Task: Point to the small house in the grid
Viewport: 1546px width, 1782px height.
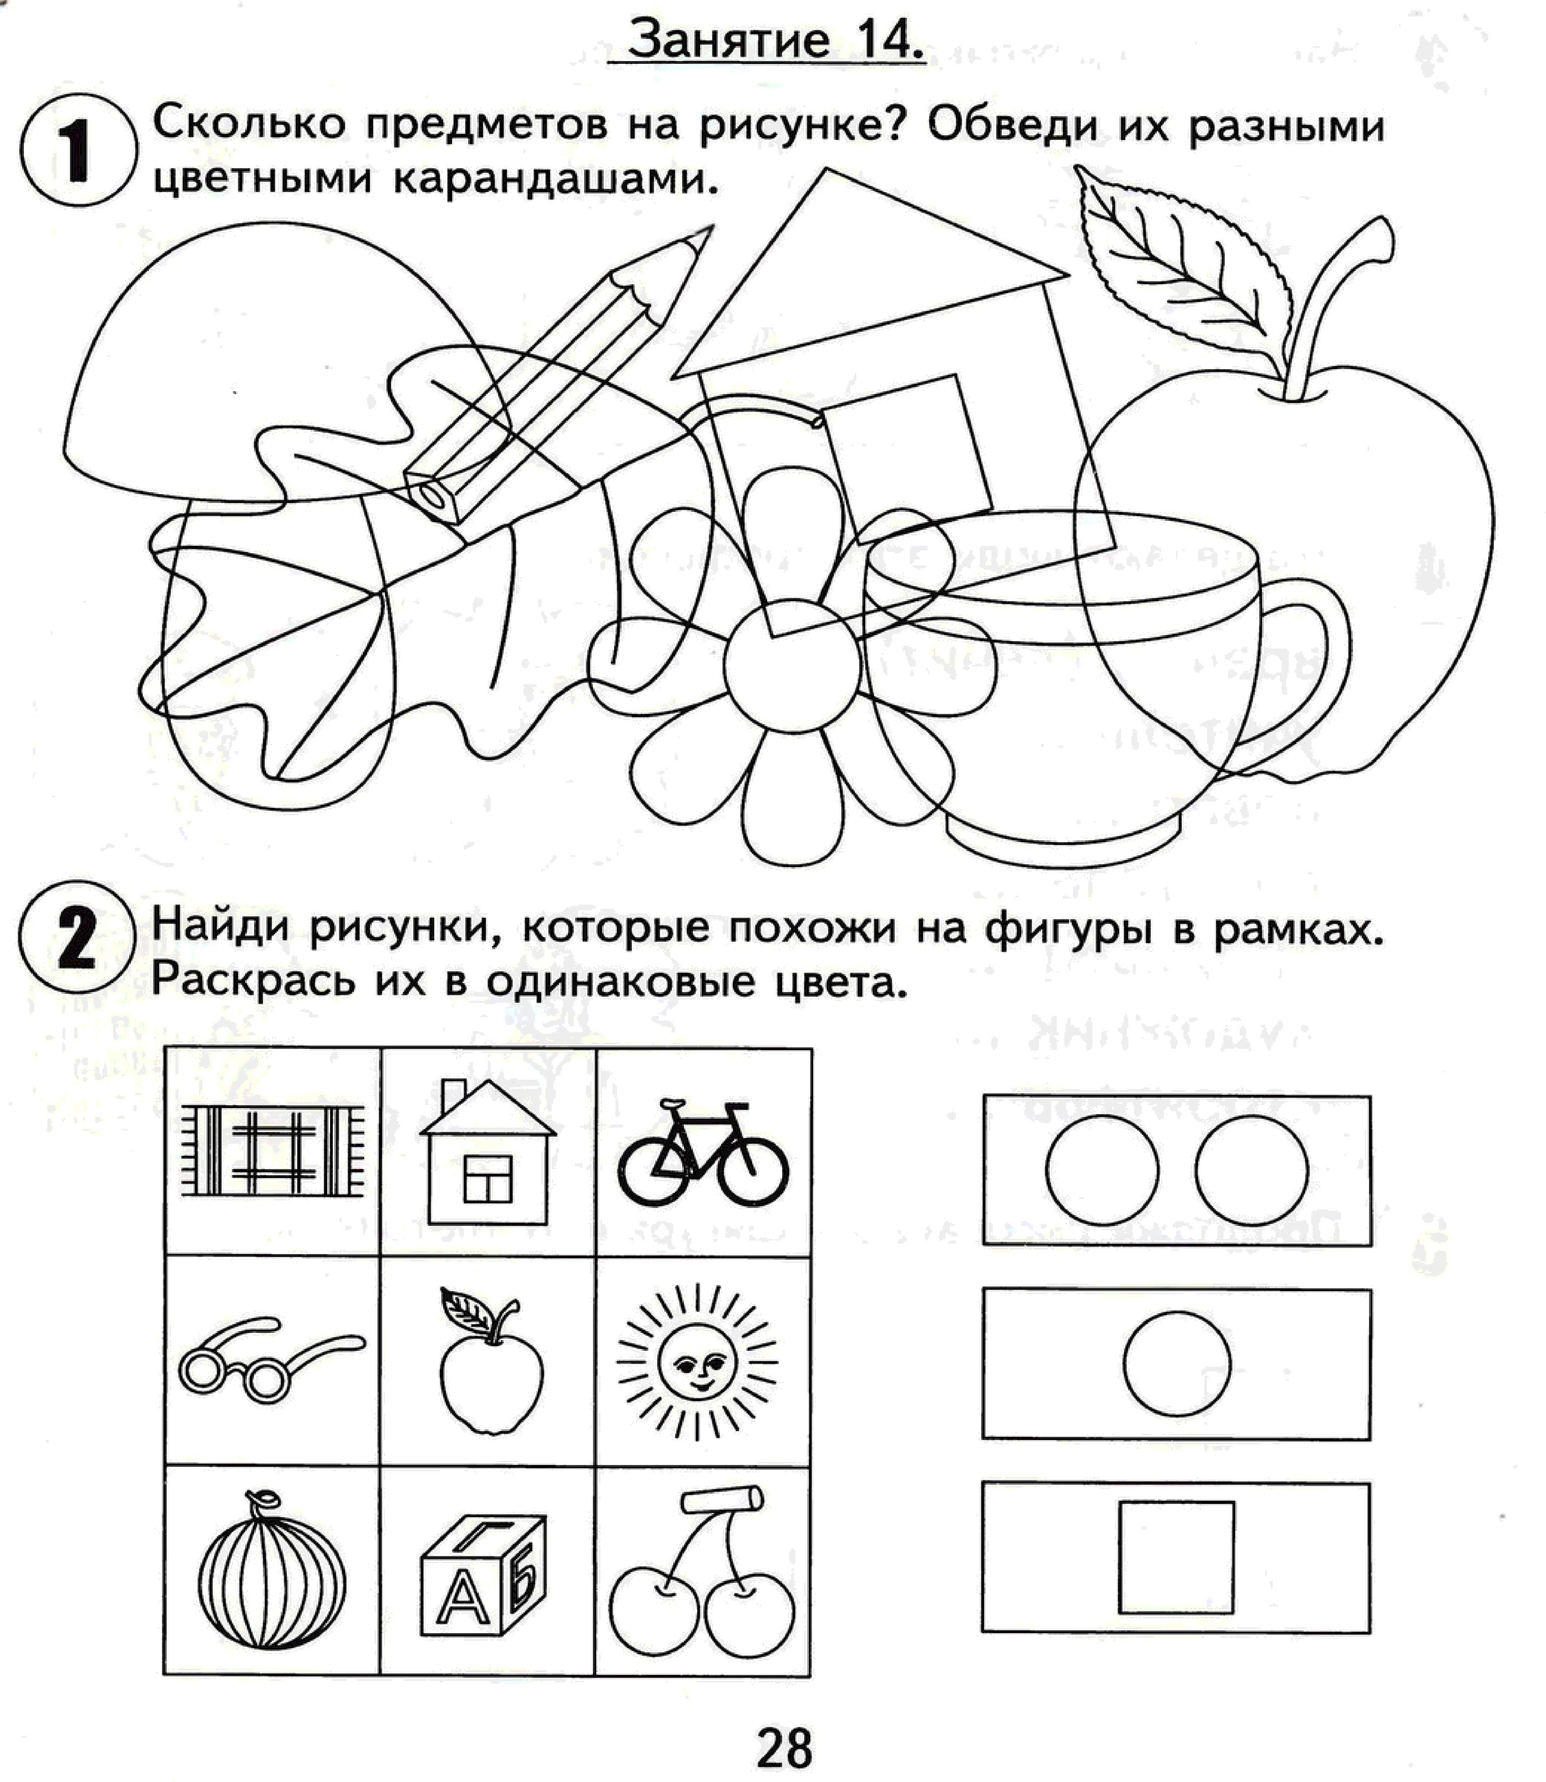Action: (x=487, y=1152)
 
